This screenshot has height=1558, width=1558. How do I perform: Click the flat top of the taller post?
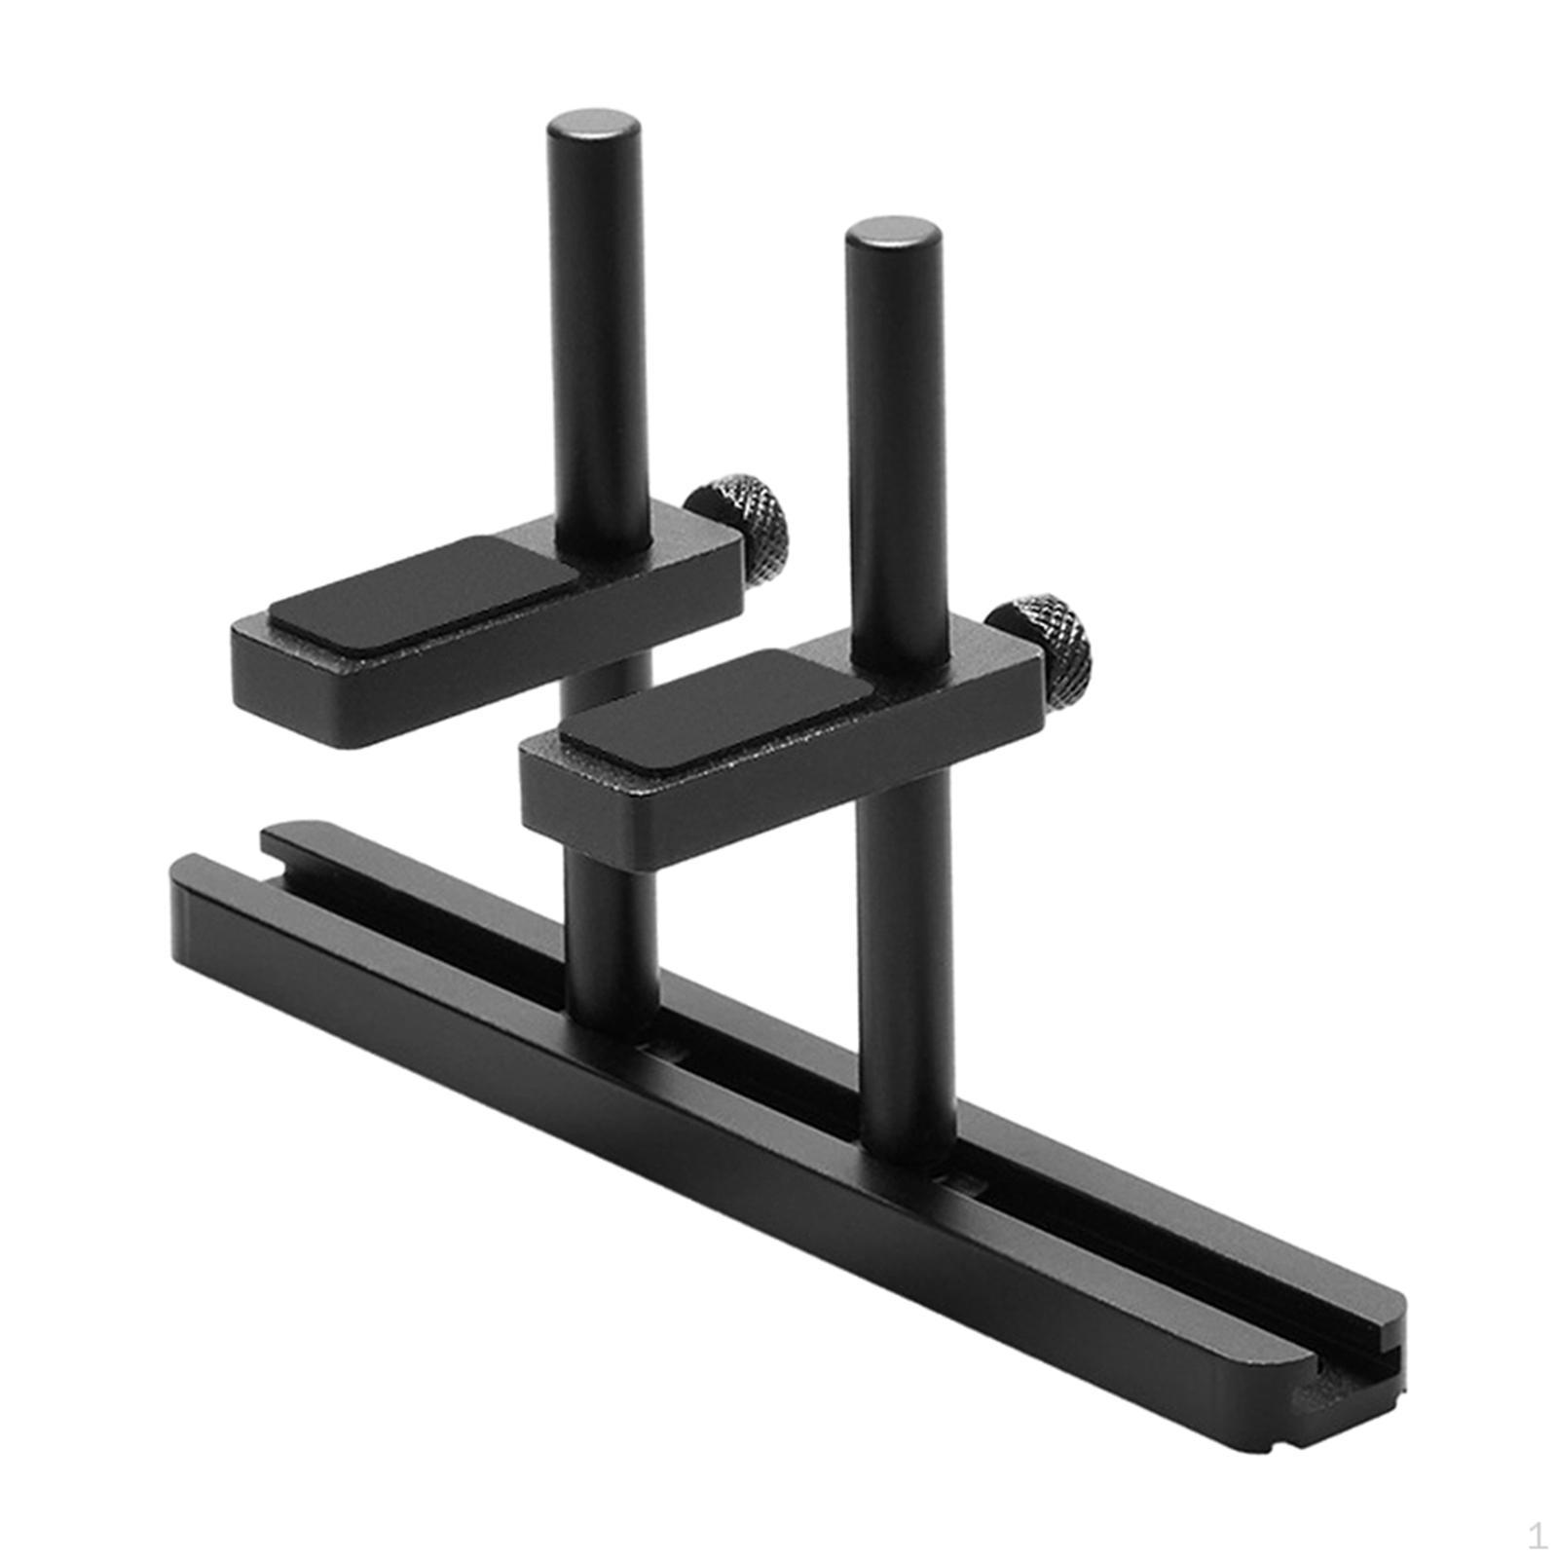click(593, 125)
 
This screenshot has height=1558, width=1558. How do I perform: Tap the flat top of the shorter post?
click(892, 232)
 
